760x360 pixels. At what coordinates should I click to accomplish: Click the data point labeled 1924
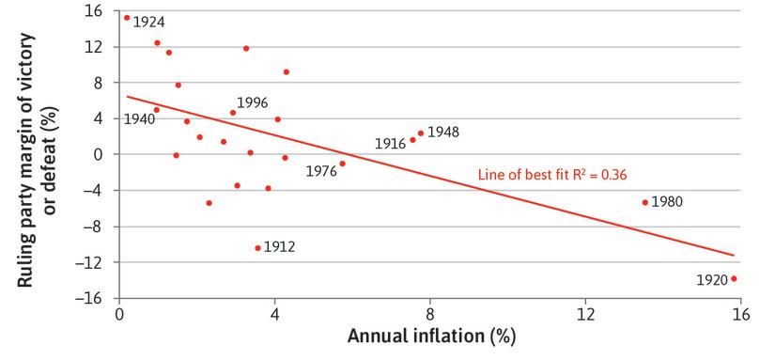[127, 17]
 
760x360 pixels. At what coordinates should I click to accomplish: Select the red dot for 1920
[734, 278]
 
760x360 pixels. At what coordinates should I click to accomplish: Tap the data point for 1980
[644, 202]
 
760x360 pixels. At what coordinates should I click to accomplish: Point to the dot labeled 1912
[257, 248]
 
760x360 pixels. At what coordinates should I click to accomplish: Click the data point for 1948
[421, 133]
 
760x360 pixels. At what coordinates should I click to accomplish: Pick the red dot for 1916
[412, 140]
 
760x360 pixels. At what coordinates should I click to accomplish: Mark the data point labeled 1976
[342, 164]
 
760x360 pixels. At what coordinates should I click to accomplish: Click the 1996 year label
[253, 102]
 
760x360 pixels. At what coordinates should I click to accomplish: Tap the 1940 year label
[139, 119]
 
